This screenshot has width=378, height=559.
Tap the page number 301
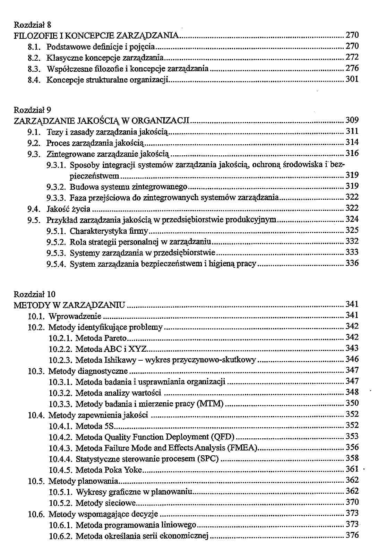coord(352,79)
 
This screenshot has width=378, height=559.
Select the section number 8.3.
coord(35,69)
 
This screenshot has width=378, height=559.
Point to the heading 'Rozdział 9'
coord(32,110)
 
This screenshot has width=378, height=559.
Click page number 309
coord(352,120)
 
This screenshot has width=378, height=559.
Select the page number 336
coord(352,263)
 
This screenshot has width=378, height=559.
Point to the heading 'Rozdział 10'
coord(34,294)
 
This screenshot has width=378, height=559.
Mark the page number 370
coord(352,502)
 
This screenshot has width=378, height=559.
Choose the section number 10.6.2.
coord(61,536)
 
